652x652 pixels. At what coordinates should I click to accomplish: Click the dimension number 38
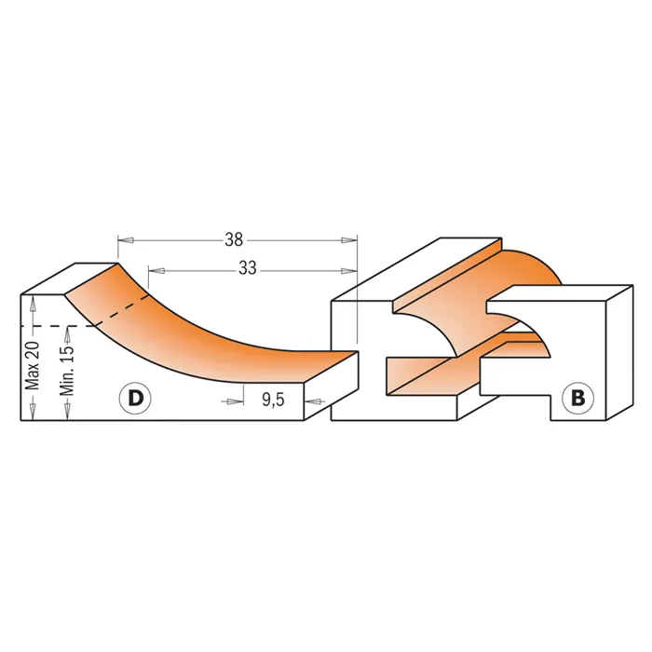coord(234,240)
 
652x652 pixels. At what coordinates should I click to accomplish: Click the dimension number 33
coord(248,268)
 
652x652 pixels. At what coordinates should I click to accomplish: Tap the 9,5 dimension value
coord(273,400)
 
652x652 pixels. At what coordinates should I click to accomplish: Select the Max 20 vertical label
coord(33,365)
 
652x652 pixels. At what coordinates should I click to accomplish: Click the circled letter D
coord(135,399)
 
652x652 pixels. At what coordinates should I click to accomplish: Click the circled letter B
coord(578,399)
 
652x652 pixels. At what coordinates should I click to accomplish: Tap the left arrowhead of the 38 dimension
coord(125,240)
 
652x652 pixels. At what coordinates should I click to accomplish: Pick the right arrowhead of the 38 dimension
coord(349,240)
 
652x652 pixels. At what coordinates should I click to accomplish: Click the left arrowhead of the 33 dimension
coord(156,271)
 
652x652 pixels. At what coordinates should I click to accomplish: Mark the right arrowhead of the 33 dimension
coord(349,271)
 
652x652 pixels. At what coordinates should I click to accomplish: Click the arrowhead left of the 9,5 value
coord(236,401)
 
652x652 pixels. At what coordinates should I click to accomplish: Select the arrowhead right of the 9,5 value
coord(312,401)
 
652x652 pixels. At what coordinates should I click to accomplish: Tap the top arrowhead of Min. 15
coord(66,333)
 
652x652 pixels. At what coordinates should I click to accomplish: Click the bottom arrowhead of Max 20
coord(33,413)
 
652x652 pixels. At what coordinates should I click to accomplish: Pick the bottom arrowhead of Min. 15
coord(66,413)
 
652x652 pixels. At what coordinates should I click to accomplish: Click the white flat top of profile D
coord(70,278)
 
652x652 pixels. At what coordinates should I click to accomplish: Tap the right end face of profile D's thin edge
coord(331,386)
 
